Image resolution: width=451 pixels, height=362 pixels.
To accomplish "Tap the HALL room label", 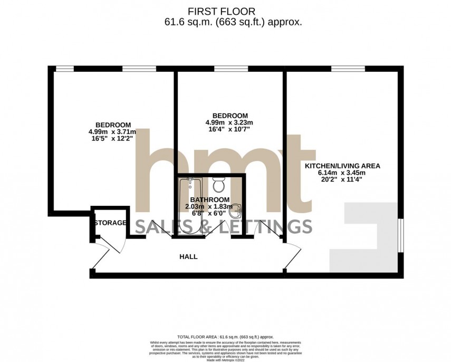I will click(188, 256).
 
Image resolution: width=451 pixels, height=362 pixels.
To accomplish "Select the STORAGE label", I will click(111, 223).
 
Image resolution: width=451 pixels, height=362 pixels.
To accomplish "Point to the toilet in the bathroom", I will click(218, 185).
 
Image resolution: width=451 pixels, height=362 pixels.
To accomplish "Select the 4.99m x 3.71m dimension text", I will click(112, 131).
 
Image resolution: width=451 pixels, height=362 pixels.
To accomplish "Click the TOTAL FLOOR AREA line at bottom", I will click(226, 336).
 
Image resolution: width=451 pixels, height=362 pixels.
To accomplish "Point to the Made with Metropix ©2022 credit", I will click(226, 359).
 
